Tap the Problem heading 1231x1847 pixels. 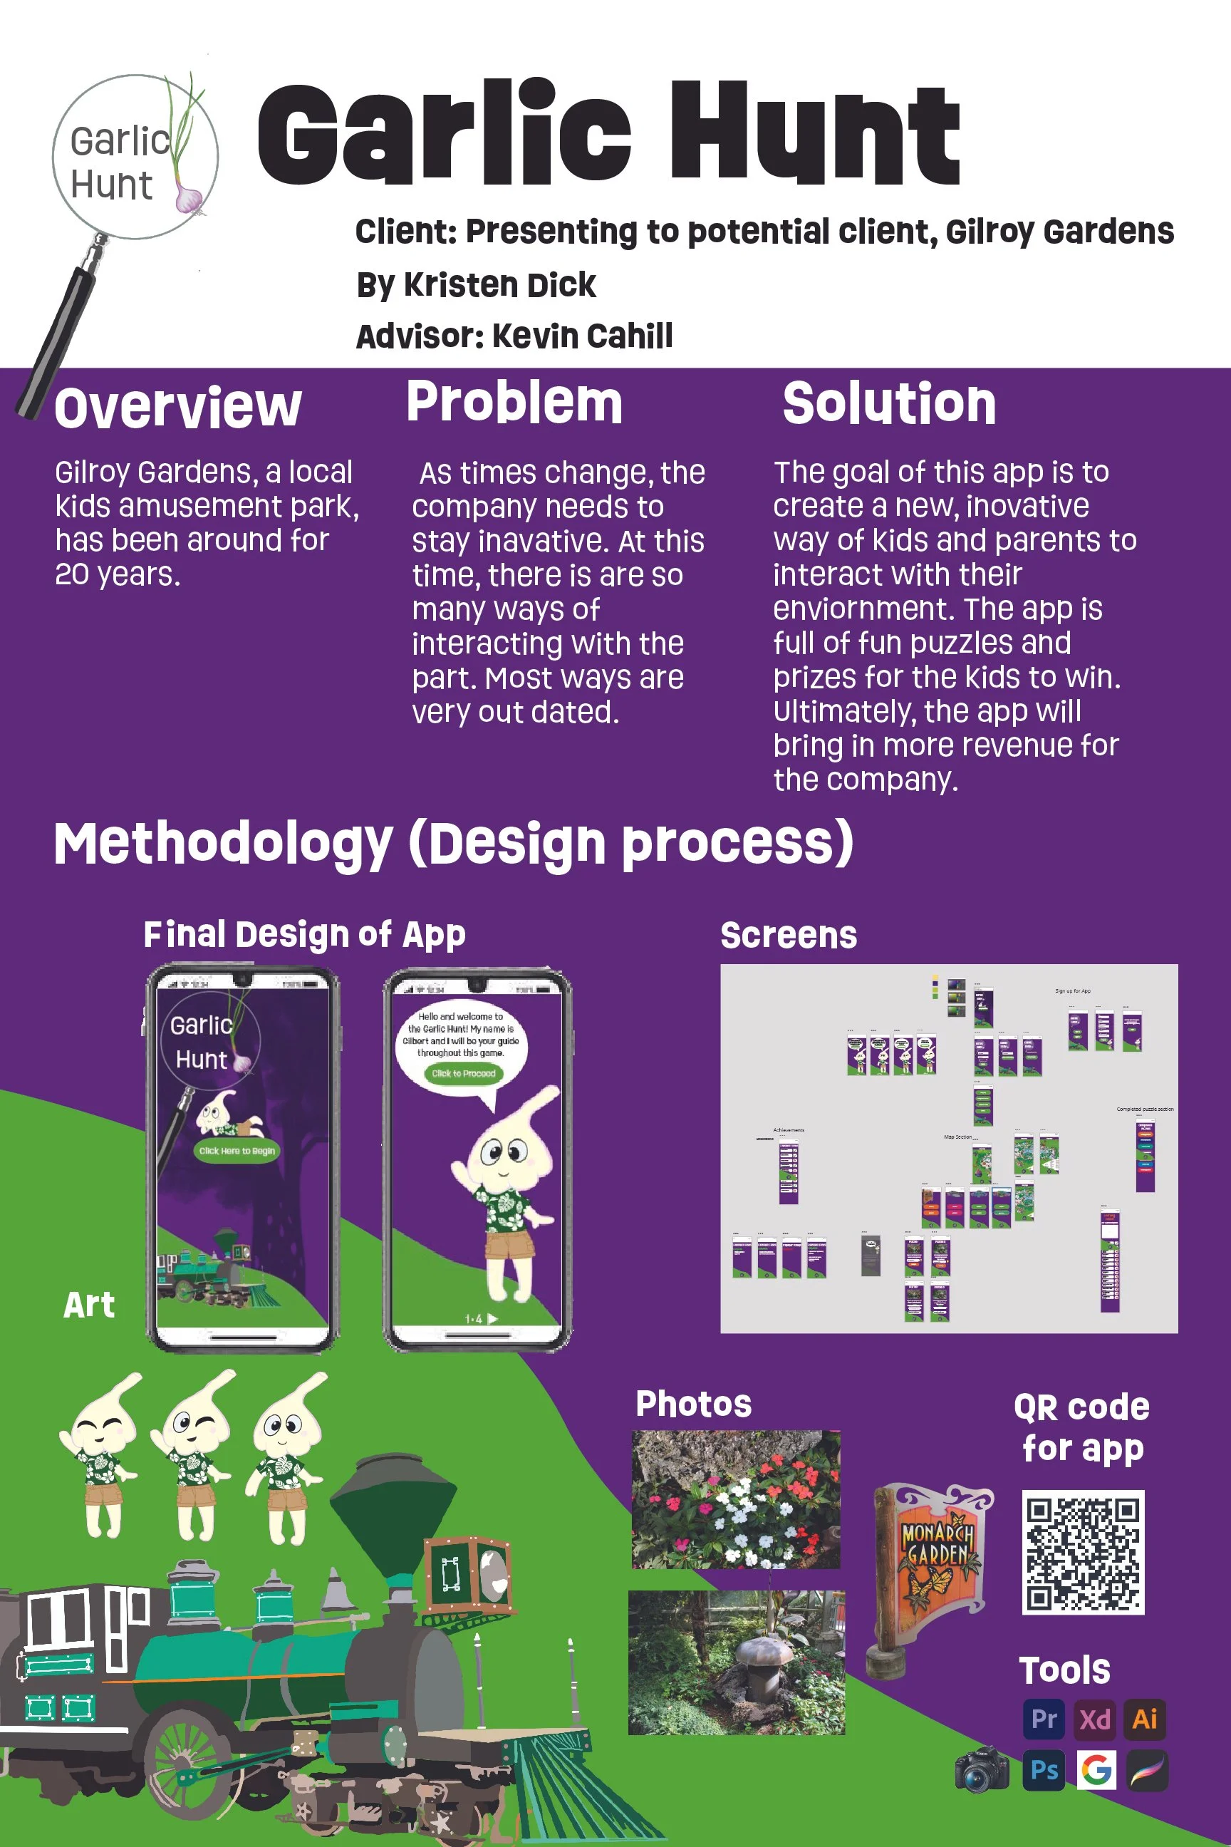(x=514, y=402)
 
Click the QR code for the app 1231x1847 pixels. (x=1083, y=1552)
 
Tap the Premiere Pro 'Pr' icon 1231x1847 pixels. (x=1044, y=1719)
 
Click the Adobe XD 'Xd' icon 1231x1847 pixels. (x=1094, y=1719)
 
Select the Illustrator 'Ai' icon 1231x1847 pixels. (x=1145, y=1719)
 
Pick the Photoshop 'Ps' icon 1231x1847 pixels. (x=1044, y=1770)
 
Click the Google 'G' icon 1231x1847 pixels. (x=1096, y=1770)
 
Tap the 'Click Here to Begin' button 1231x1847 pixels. (x=237, y=1150)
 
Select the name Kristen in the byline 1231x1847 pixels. (x=453, y=285)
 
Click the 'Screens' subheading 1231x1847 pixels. (x=788, y=936)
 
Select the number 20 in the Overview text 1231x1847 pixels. (x=71, y=575)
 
